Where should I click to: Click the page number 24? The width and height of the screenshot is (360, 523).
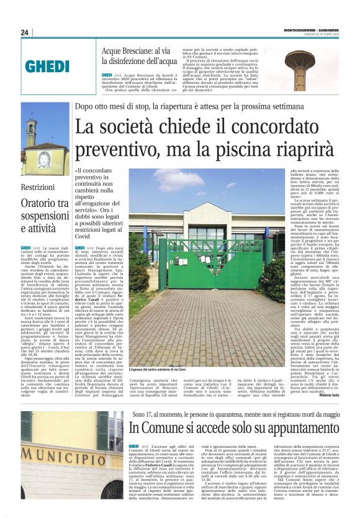(25, 32)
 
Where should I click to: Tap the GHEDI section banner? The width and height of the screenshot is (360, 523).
(47, 65)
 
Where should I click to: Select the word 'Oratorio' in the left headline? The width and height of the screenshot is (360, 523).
(38, 202)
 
